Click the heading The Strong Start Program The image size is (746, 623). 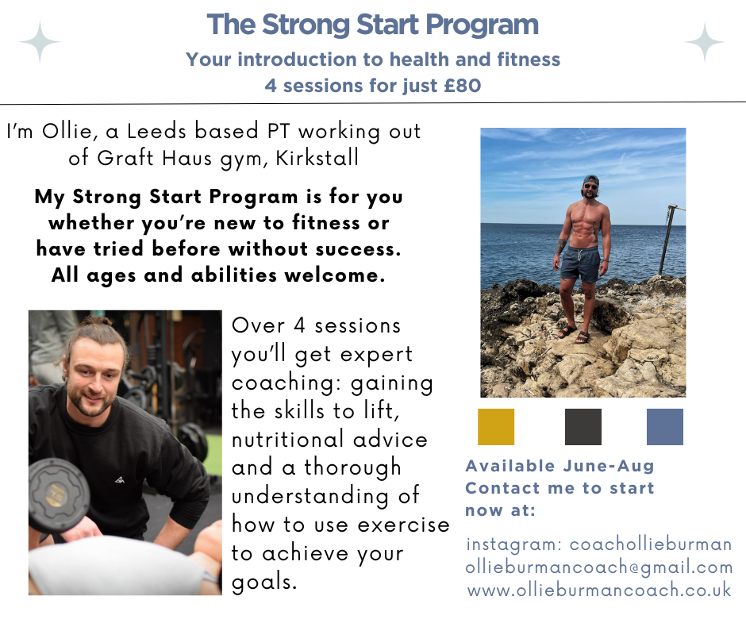click(372, 25)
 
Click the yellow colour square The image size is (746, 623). click(496, 426)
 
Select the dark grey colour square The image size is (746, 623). click(583, 426)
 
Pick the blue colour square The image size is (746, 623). click(664, 426)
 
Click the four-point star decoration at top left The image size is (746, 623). click(40, 42)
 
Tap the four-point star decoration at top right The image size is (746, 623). click(705, 42)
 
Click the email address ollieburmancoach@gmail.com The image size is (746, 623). click(599, 567)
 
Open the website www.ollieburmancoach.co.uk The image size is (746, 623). click(599, 590)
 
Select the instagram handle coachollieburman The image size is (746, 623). click(651, 544)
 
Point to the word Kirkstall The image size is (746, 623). click(317, 157)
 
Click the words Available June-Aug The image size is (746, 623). click(559, 466)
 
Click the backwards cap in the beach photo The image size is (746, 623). click(591, 180)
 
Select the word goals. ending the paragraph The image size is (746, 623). click(264, 582)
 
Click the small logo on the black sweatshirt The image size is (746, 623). click(119, 479)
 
